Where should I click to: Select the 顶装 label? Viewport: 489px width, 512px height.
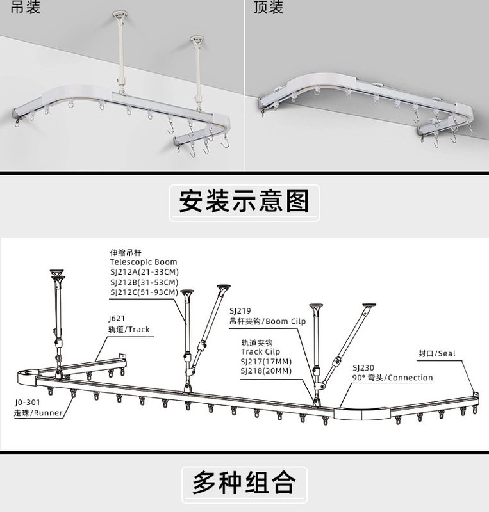pos(269,8)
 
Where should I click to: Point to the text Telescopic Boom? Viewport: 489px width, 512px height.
pos(143,262)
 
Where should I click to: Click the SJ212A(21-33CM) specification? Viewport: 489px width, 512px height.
pos(144,272)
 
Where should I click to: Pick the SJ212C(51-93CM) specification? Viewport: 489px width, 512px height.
pos(144,292)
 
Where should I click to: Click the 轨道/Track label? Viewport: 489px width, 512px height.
pos(129,329)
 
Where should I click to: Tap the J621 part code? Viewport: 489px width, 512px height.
pos(117,318)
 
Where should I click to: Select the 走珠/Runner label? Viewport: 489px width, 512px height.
pos(39,413)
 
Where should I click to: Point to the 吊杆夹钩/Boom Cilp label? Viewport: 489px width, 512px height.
pos(267,321)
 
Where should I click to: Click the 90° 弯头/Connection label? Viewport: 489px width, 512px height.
pos(392,378)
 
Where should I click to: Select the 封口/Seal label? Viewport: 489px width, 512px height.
pos(436,353)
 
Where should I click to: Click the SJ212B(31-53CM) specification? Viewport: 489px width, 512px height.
pos(144,282)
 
